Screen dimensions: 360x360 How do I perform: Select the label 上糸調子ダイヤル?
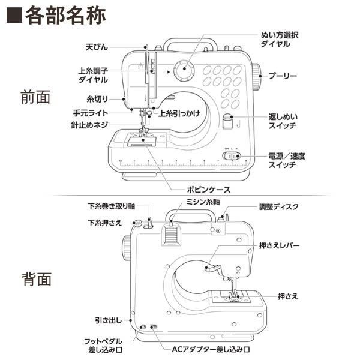pos(93,74)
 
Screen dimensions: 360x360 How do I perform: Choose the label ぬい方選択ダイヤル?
pos(279,40)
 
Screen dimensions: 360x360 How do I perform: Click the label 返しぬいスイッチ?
pos(284,121)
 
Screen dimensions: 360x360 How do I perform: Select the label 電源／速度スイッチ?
pos(286,160)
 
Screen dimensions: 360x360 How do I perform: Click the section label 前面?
pos(35,97)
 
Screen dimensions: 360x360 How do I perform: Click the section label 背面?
pos(35,279)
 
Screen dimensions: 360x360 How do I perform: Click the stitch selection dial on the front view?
pos(182,71)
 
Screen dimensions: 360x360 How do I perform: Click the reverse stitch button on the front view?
pos(227,122)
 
